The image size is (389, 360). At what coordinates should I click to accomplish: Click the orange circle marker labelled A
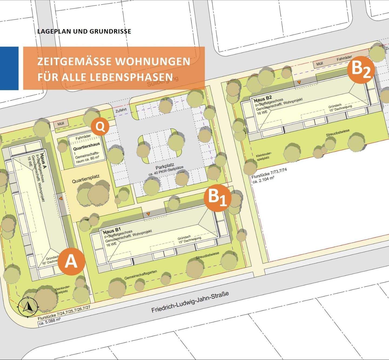(71, 262)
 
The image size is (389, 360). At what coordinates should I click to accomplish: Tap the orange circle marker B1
(217, 198)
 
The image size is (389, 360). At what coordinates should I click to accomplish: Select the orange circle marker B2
(361, 70)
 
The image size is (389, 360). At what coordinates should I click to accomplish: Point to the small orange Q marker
(100, 127)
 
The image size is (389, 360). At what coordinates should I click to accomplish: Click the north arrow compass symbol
(28, 307)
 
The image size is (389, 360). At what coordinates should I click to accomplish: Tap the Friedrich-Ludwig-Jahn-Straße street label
(190, 302)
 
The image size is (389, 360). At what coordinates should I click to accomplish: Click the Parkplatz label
(165, 165)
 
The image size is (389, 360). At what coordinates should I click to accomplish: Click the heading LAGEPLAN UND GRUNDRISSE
(84, 31)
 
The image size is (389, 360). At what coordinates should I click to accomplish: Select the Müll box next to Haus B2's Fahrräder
(320, 64)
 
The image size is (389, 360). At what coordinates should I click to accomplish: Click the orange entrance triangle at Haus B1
(148, 214)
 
